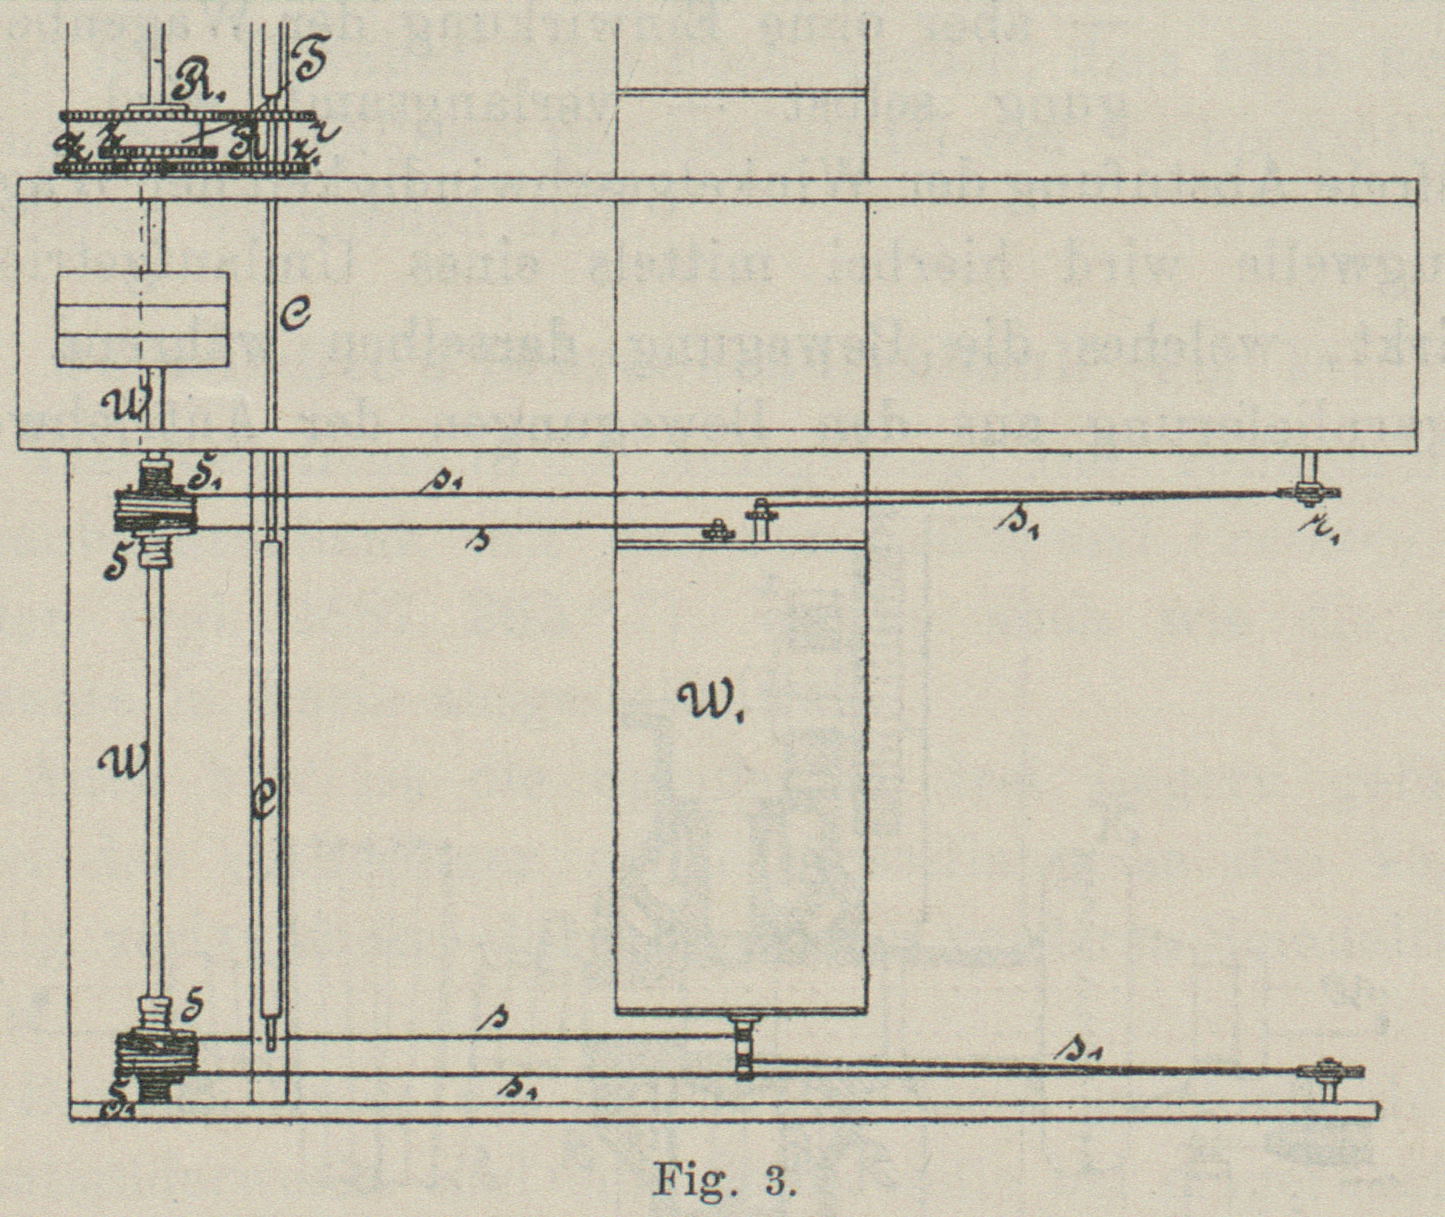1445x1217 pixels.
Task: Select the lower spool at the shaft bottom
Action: click(156, 1059)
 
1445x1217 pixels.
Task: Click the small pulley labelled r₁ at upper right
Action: click(1308, 491)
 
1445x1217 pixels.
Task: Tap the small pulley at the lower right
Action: click(1330, 1072)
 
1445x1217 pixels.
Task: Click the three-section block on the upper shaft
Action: click(142, 320)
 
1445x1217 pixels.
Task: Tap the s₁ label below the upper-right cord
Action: click(1017, 524)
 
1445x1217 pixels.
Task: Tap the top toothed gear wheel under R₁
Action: click(185, 116)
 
